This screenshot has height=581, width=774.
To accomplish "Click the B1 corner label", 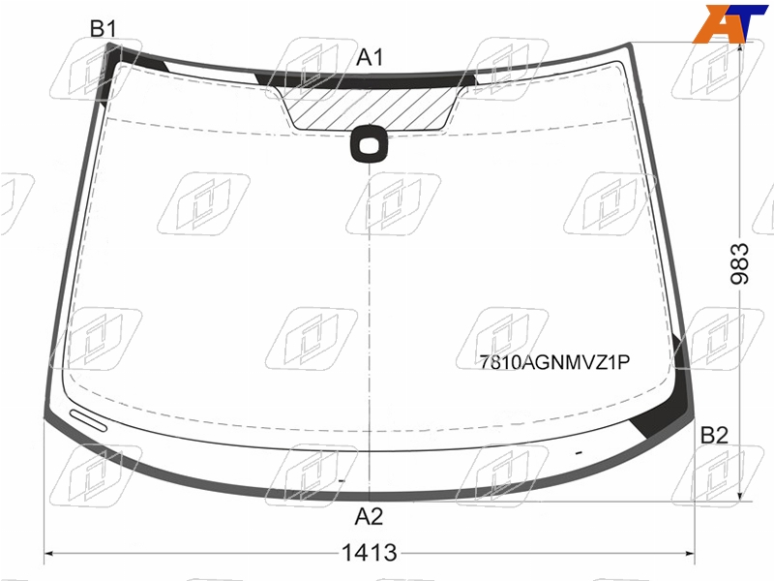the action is click(104, 29).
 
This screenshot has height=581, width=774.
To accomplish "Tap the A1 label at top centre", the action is click(370, 57).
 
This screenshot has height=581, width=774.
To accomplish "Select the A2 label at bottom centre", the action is click(369, 517).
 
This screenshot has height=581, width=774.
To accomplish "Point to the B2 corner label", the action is click(714, 435).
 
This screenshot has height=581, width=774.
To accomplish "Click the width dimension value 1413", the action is click(370, 553).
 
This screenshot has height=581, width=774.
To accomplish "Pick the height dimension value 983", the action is click(739, 263).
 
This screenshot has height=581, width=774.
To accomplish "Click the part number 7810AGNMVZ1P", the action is click(554, 362).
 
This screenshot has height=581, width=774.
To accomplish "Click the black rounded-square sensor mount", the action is click(369, 144).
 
